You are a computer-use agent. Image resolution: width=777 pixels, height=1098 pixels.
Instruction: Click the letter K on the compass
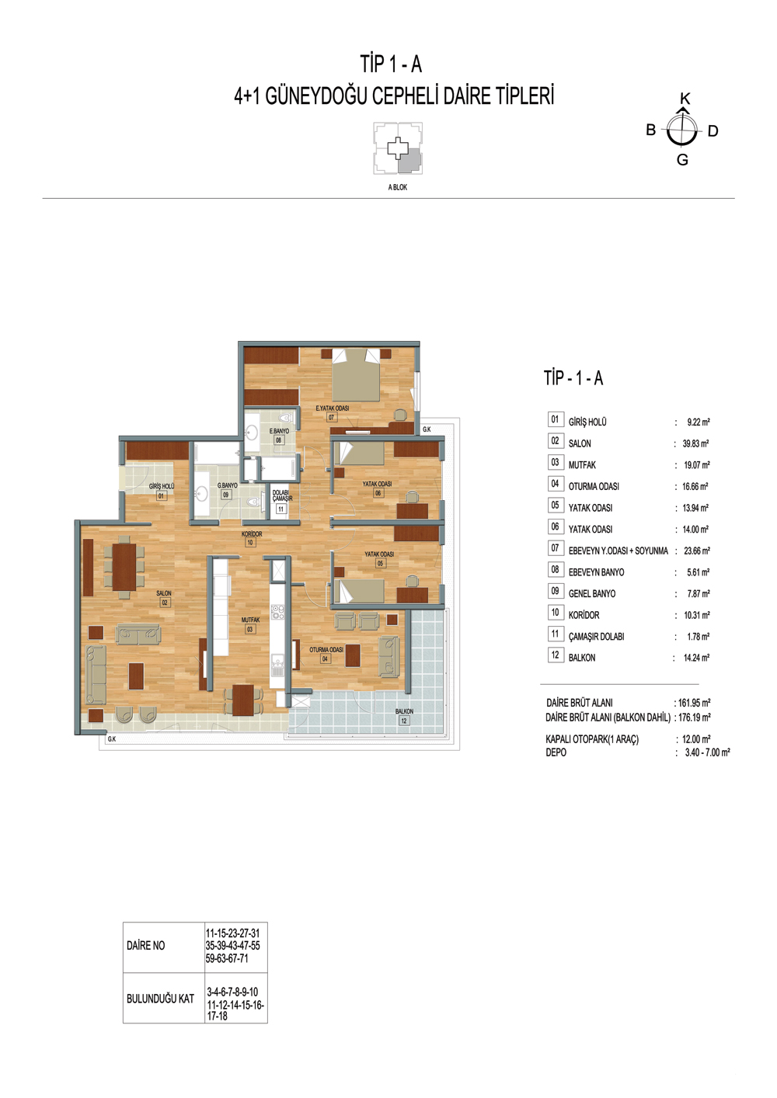685,99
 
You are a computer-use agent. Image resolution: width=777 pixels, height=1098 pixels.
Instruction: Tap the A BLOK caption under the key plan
397,187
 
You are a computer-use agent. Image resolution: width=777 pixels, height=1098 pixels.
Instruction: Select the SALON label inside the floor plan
164,593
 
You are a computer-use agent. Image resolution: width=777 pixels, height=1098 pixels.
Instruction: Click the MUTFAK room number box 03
250,630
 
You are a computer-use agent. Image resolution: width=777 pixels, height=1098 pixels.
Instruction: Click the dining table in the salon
124,567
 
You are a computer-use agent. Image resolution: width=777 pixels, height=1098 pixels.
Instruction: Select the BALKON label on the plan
404,711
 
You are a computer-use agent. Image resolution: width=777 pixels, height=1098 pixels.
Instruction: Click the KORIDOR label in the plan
252,533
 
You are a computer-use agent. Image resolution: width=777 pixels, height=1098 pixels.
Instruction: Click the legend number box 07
555,548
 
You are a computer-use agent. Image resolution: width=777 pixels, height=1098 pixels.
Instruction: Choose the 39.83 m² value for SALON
695,443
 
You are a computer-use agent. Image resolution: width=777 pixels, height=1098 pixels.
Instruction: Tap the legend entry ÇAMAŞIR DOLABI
597,637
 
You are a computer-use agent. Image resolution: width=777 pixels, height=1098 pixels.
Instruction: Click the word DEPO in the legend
556,752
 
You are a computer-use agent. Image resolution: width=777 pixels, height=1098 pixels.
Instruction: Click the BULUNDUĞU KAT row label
160,999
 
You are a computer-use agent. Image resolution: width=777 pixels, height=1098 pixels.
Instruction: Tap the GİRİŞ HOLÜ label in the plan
162,486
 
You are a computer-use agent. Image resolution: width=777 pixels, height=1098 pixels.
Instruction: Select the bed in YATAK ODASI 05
359,591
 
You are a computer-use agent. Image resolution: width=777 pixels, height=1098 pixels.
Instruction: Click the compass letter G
682,160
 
